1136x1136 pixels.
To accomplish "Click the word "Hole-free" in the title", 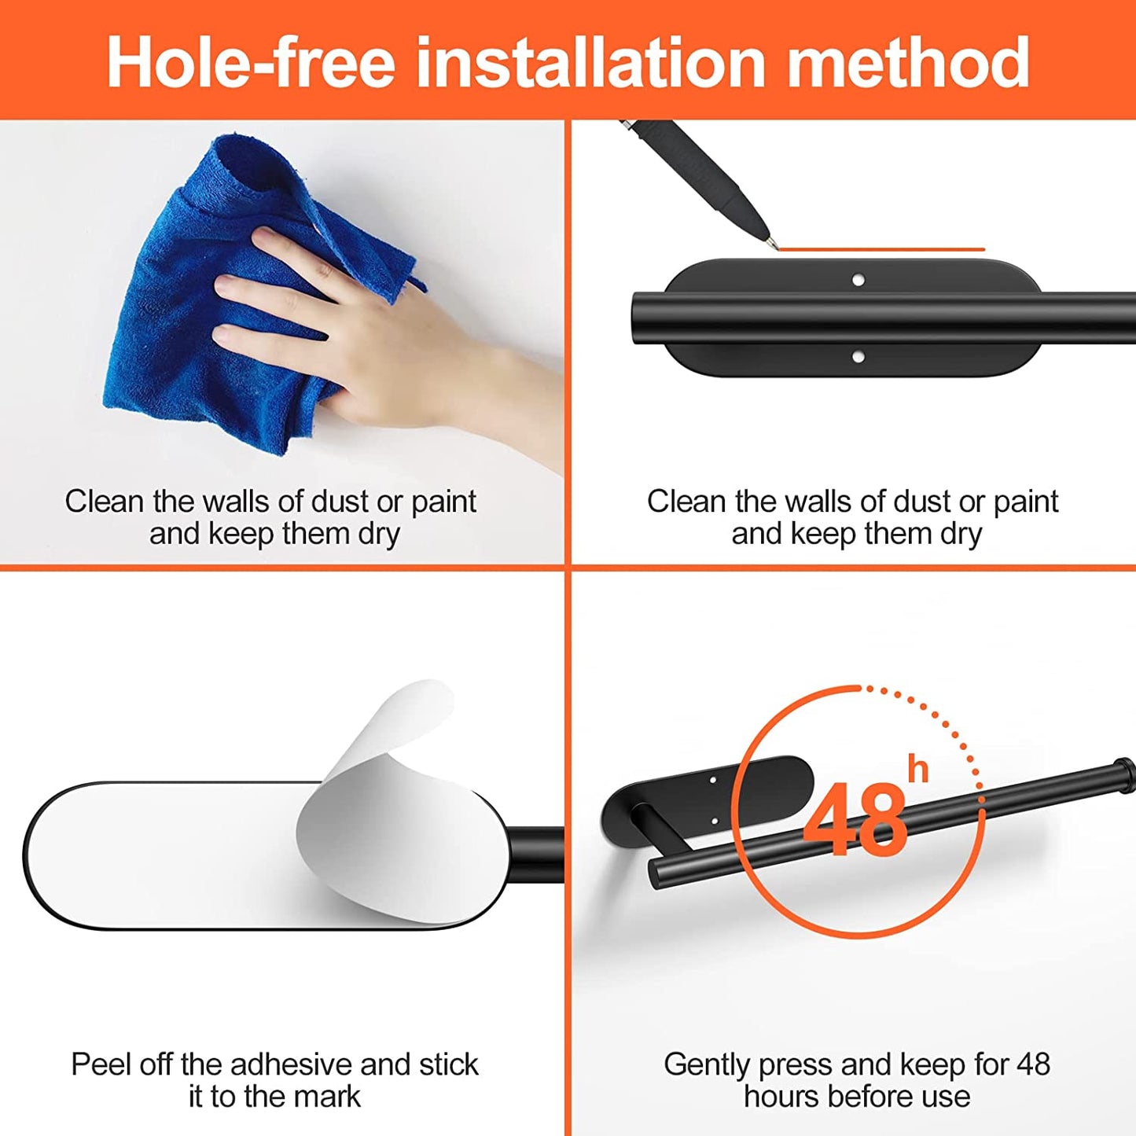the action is tap(251, 62).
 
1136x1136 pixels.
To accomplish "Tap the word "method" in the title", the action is tap(909, 62).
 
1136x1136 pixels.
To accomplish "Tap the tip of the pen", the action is tap(777, 248).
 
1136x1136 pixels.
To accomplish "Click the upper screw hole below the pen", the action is tap(858, 279).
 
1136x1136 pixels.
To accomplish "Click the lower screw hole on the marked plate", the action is tap(858, 356).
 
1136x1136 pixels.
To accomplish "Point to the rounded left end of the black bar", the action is tap(638, 318).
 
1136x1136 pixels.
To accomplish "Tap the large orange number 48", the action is tap(855, 820).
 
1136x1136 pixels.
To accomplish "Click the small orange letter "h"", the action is tap(918, 770).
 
